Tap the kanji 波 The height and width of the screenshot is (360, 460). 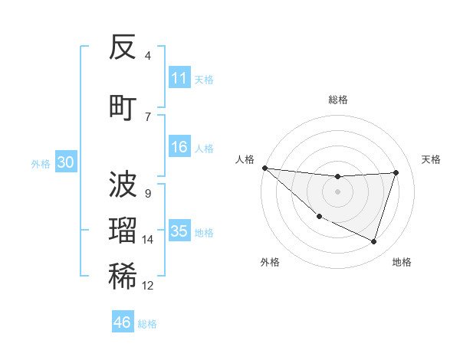[x=123, y=185]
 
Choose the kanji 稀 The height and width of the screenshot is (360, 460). [x=123, y=277]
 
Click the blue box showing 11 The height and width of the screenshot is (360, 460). [x=179, y=78]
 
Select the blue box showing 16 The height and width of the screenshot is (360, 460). [x=179, y=147]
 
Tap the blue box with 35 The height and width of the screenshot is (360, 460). [x=179, y=231]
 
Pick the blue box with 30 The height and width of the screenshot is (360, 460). [x=65, y=162]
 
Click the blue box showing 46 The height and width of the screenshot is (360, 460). [x=123, y=322]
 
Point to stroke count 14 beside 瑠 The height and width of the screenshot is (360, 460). [x=148, y=240]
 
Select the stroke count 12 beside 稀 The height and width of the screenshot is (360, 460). [x=148, y=286]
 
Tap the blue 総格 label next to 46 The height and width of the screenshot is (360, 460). [x=147, y=324]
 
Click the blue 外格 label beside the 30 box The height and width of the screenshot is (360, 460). [x=40, y=163]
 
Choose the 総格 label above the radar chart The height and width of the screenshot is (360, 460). [x=337, y=100]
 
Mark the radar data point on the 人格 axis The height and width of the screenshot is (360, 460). [x=264, y=168]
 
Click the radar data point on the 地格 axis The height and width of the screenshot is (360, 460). [x=374, y=242]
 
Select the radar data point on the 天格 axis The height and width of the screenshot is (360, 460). [x=396, y=172]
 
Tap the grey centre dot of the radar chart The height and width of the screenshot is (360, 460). [x=337, y=191]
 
